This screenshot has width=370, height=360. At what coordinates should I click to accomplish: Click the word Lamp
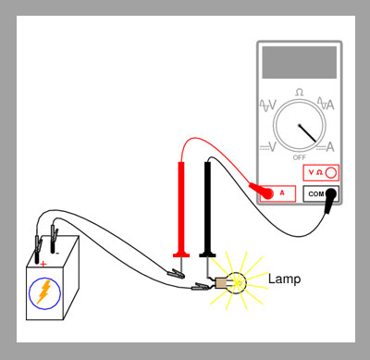284,279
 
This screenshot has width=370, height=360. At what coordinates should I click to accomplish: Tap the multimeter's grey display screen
300,62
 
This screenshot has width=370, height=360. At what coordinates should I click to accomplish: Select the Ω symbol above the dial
299,92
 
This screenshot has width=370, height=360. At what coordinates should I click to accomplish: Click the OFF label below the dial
300,157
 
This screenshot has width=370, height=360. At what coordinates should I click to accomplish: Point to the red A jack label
282,193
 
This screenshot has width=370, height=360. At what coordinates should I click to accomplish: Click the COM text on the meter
316,194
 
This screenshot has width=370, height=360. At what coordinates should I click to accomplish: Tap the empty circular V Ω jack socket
331,173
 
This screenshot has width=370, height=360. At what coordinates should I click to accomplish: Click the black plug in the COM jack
329,201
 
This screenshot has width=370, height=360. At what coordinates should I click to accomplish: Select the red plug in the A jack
262,191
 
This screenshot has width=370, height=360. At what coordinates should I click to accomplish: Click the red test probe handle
181,209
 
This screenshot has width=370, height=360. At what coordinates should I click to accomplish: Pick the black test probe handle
207,209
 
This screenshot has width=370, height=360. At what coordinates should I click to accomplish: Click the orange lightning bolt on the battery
44,292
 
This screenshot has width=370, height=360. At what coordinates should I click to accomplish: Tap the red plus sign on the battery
43,264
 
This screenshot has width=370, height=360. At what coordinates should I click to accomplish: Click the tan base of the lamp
221,283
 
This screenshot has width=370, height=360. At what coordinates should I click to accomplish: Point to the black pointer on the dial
307,133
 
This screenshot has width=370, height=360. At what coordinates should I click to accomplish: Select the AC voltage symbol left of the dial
268,106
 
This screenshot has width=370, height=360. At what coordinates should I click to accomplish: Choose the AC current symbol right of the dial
326,104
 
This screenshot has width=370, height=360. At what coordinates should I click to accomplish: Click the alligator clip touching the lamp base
202,287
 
